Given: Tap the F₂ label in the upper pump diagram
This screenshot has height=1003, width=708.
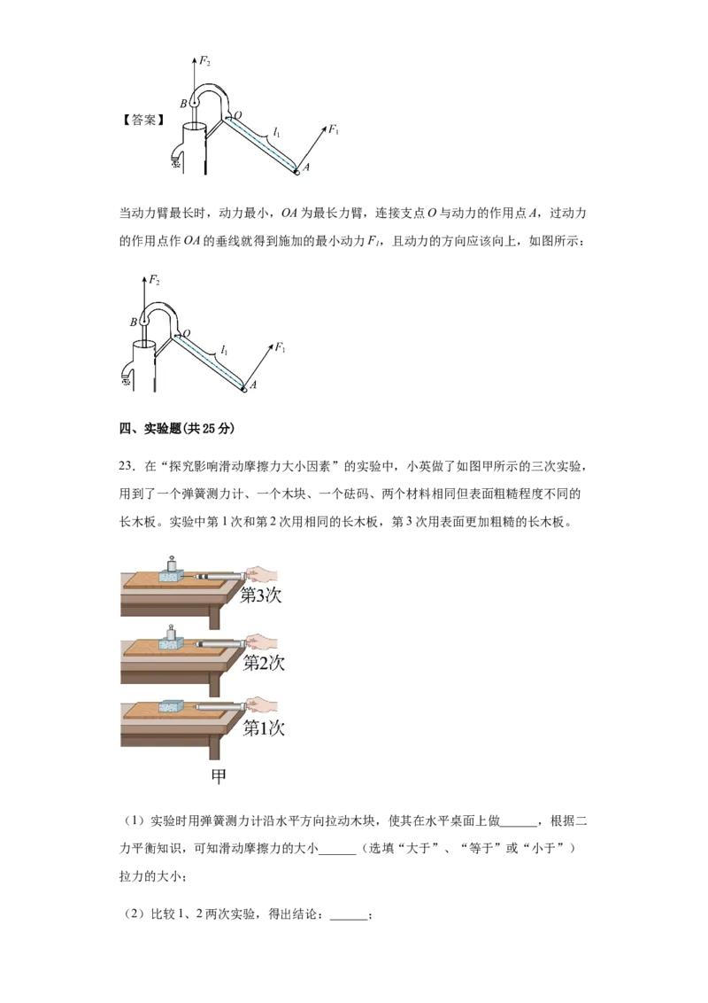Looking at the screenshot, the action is coord(204,61).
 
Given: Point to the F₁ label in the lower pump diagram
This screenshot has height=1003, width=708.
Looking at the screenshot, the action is coord(280,347).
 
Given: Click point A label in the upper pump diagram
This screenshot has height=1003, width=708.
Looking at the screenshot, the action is coord(306,167).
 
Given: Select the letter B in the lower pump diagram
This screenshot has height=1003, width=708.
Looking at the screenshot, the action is coord(133,323).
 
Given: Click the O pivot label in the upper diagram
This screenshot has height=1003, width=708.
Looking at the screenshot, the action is coord(238,115).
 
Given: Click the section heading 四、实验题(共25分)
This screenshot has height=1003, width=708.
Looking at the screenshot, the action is coord(177,429).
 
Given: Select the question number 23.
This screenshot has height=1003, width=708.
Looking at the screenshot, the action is coord(127,466).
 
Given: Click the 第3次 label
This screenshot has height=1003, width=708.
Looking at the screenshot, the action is coord(261,595).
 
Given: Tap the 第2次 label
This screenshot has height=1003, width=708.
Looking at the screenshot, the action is coord(263,662).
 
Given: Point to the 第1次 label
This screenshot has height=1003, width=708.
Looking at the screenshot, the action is coord(263,728).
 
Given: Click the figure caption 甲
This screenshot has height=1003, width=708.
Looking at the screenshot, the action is coord(219,776).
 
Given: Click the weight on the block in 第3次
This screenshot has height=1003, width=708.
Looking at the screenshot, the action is coord(172,564).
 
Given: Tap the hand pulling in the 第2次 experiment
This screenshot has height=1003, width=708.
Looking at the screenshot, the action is coord(261,641).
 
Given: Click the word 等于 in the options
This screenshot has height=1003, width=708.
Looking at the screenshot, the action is coord(481,848).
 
